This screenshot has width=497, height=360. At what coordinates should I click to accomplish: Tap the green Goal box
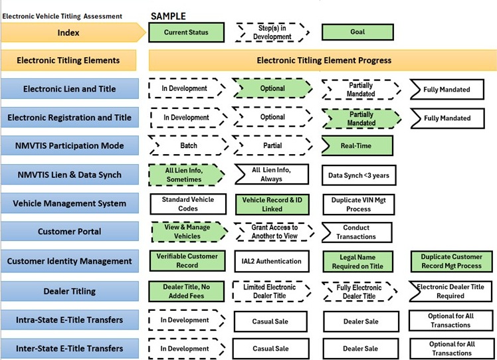(357, 32)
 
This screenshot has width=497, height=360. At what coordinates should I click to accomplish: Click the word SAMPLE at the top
(169, 15)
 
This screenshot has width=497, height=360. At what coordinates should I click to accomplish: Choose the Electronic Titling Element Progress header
(323, 60)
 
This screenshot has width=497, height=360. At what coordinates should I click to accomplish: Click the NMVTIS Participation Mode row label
(69, 145)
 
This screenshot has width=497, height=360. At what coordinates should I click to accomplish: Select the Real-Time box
(357, 145)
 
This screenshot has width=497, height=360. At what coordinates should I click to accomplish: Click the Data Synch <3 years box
(358, 175)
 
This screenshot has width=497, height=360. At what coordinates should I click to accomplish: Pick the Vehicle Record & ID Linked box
(272, 203)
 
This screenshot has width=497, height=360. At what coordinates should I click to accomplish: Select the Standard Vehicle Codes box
(184, 203)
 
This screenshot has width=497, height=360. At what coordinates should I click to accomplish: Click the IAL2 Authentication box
(272, 261)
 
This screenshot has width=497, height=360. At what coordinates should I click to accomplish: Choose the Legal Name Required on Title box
(358, 261)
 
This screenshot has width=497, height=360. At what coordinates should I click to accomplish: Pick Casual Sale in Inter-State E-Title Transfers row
(272, 349)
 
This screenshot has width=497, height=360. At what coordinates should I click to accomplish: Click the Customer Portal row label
(69, 232)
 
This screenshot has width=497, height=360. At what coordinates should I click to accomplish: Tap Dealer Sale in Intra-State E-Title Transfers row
(359, 320)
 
